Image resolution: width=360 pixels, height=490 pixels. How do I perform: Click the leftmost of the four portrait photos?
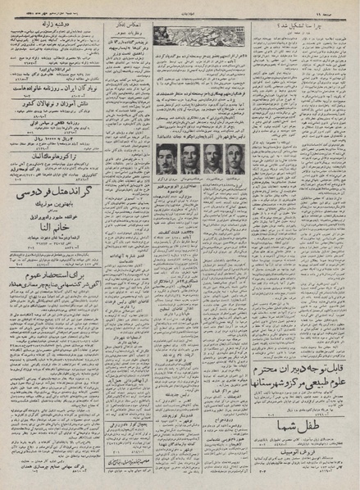[166, 158]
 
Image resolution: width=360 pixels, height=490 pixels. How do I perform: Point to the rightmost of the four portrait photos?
[236, 158]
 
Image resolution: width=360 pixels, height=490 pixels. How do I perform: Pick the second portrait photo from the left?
[189, 158]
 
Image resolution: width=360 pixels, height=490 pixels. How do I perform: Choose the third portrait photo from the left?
[213, 158]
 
